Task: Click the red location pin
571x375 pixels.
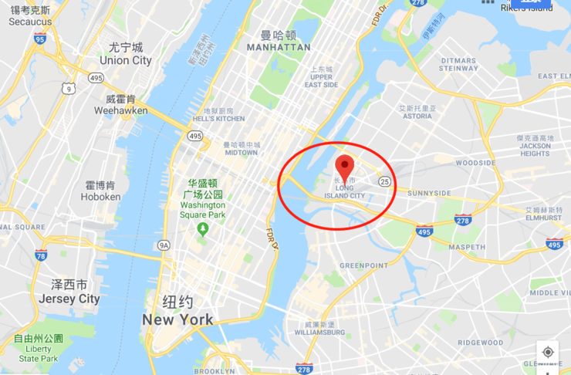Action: pyautogui.click(x=345, y=166)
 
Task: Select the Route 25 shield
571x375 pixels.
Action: pyautogui.click(x=384, y=181)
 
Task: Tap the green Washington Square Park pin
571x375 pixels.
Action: pyautogui.click(x=203, y=229)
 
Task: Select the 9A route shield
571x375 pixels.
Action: pyautogui.click(x=164, y=245)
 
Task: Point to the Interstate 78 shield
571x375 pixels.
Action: pyautogui.click(x=41, y=255)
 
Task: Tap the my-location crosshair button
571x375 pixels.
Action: pyautogui.click(x=548, y=352)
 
